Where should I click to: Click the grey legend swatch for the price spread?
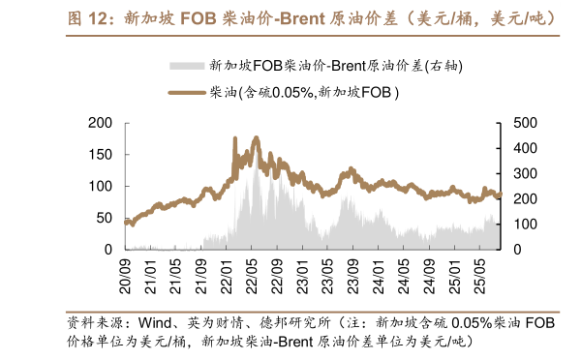pos(187,66)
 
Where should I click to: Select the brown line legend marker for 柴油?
pos(187,92)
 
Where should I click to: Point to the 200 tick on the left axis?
pos(100,123)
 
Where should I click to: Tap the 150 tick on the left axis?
pos(100,155)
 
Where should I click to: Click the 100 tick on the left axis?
pos(100,186)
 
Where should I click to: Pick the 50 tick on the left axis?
pos(104,218)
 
